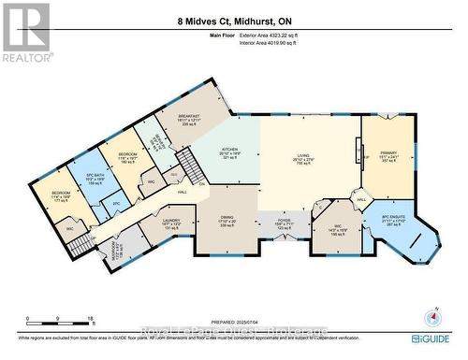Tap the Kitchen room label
[x=229, y=153]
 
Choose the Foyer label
[x=285, y=225]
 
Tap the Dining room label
[x=230, y=221]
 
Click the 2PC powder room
[x=116, y=203]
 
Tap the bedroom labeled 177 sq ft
[x=63, y=197]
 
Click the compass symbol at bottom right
[x=431, y=319]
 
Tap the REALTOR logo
[x=25, y=33]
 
